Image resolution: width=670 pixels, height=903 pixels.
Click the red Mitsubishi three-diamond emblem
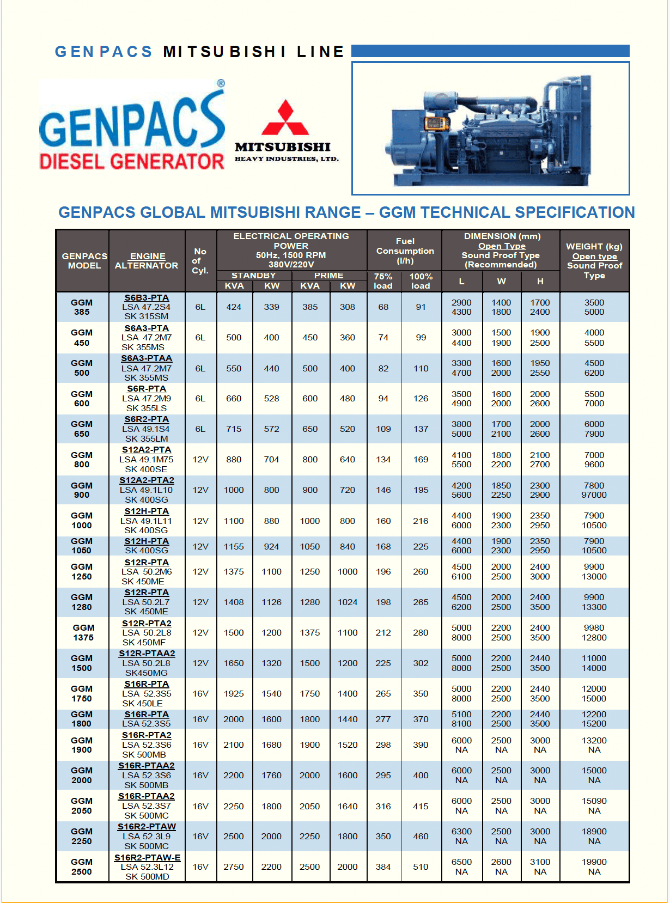(285, 119)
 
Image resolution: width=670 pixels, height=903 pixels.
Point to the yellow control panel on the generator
(434, 123)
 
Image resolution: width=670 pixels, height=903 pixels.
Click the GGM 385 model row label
(82, 307)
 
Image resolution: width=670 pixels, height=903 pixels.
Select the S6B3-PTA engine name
(147, 298)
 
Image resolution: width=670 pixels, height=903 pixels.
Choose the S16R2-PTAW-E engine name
(147, 858)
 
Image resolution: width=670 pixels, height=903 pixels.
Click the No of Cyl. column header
(200, 261)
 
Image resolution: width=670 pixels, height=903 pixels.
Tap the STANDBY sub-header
(253, 276)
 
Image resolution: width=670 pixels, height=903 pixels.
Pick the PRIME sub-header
(328, 276)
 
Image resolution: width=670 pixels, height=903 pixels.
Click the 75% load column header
(383, 281)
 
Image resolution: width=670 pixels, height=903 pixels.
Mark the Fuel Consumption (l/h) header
(405, 251)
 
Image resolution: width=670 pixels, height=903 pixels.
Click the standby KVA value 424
(234, 307)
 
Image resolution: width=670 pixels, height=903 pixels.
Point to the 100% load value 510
(421, 867)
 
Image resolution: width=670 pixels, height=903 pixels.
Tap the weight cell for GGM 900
(594, 490)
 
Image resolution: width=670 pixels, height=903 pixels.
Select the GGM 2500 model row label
(82, 867)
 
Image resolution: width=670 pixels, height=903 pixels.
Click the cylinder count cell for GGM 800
(200, 460)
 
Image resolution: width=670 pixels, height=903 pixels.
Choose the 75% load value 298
(383, 745)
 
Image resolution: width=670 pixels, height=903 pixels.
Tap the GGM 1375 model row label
(83, 633)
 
